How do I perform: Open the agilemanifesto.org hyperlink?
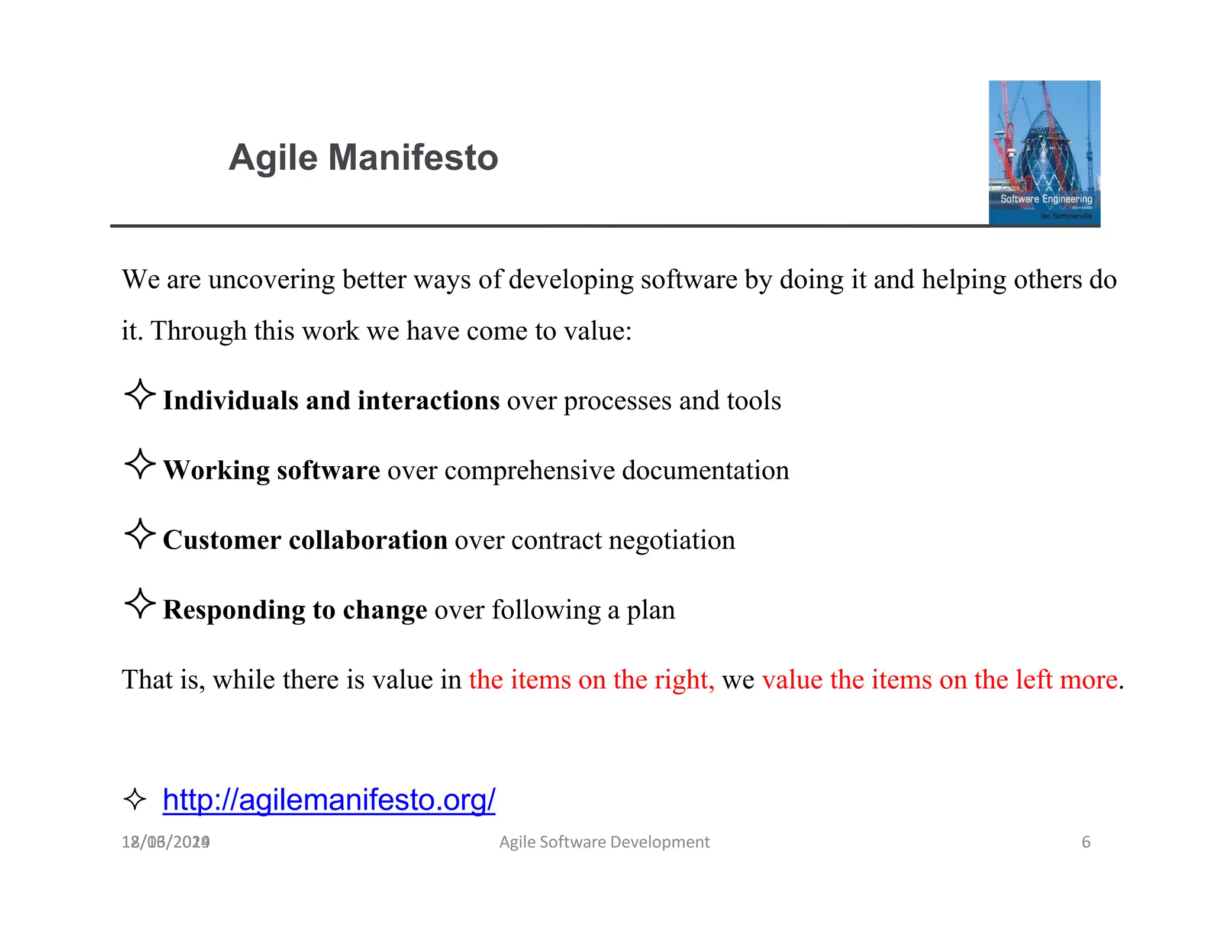click(x=328, y=799)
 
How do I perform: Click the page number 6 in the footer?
click(x=1085, y=841)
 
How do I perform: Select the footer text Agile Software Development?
click(x=604, y=841)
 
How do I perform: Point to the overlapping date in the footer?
click(x=166, y=841)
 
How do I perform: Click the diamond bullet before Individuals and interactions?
click(x=140, y=394)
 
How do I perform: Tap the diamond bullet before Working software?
click(x=140, y=464)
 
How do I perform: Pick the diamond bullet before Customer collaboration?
click(x=140, y=534)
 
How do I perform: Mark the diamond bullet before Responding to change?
click(x=140, y=603)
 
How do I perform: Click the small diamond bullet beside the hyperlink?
click(x=135, y=799)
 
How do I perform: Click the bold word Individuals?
click(x=230, y=401)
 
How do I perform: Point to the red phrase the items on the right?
click(x=591, y=679)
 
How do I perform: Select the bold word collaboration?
click(x=368, y=540)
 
